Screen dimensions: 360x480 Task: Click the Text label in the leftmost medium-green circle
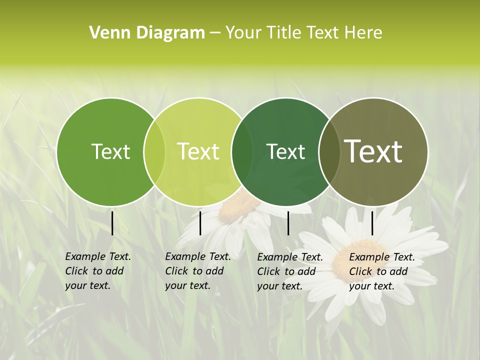pyautogui.click(x=110, y=151)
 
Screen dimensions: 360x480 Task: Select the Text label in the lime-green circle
pyautogui.click(x=198, y=151)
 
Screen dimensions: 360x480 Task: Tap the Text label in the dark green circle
pyautogui.click(x=285, y=151)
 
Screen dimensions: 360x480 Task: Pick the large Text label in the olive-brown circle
pyautogui.click(x=373, y=151)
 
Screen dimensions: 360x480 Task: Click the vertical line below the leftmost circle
pyautogui.click(x=112, y=223)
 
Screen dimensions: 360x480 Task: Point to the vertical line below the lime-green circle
pyautogui.click(x=200, y=223)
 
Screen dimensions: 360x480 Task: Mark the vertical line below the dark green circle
pyautogui.click(x=288, y=223)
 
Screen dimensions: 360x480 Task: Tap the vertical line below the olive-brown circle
pyautogui.click(x=372, y=223)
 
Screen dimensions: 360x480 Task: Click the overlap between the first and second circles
pyautogui.click(x=154, y=152)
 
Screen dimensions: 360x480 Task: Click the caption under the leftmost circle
pyautogui.click(x=97, y=271)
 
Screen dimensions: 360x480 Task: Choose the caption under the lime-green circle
pyautogui.click(x=197, y=271)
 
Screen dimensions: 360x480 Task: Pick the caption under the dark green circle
pyautogui.click(x=289, y=271)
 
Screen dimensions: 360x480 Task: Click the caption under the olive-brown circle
pyautogui.click(x=381, y=271)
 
